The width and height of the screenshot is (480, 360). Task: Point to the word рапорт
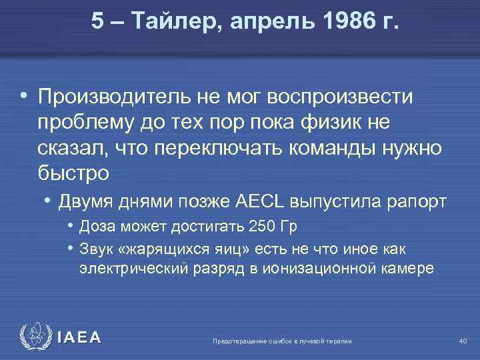(x=406, y=201)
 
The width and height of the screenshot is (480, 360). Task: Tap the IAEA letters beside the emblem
(x=79, y=338)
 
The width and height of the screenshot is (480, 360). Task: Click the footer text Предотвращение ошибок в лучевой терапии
(x=282, y=341)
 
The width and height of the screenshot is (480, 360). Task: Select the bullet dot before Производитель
(x=24, y=97)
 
